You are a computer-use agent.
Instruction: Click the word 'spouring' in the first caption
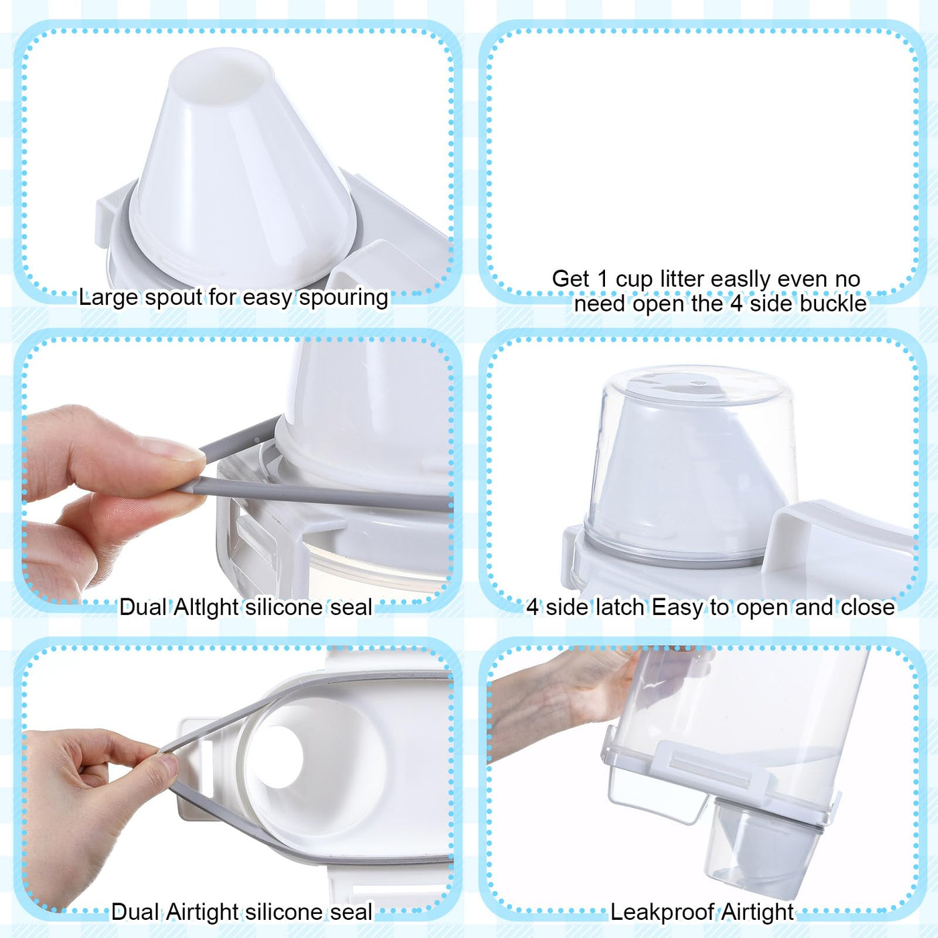pos(344,298)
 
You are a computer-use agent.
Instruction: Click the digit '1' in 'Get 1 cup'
pos(602,279)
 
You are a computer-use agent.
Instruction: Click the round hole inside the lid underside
pos(279,757)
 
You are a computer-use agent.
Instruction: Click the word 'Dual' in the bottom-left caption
pos(134,912)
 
